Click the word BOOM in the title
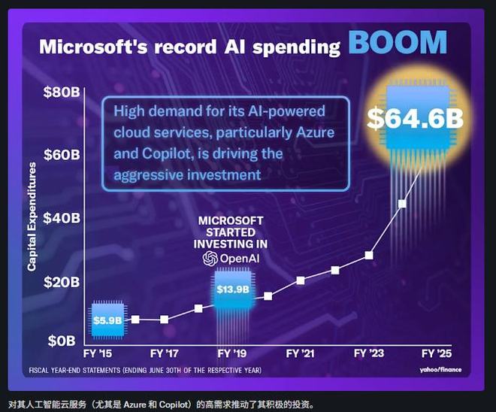(x=398, y=43)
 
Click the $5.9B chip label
(x=107, y=320)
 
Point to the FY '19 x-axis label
(x=233, y=352)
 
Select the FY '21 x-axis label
(x=301, y=352)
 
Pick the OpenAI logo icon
(x=210, y=258)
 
